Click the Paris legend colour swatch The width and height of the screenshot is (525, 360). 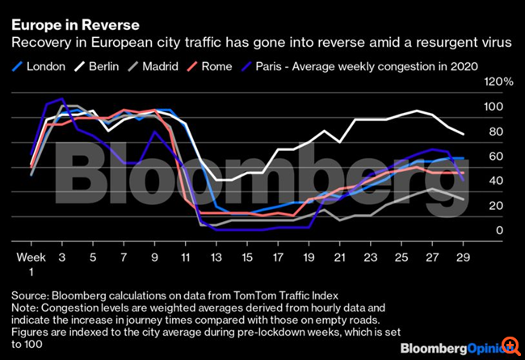click(x=246, y=66)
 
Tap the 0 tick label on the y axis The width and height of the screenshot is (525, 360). click(x=498, y=231)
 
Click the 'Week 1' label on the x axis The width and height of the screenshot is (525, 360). click(x=31, y=263)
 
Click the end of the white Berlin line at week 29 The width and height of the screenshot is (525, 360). click(x=463, y=134)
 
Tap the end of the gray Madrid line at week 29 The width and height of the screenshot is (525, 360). click(x=463, y=199)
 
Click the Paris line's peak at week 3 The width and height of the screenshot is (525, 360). click(x=61, y=99)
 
